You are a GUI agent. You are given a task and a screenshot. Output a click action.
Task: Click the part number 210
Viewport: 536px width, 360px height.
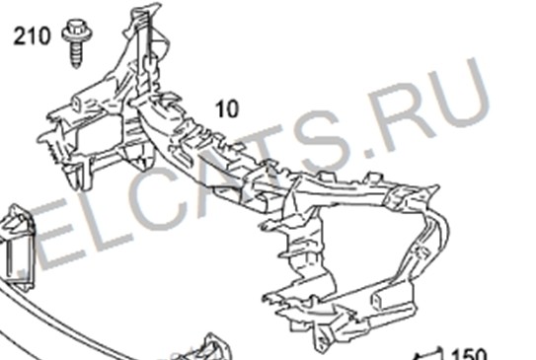[x=32, y=36]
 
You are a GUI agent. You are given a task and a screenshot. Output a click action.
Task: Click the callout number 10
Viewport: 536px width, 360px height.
[x=227, y=108]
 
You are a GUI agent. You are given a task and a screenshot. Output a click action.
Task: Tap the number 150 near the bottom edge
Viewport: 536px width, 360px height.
[x=469, y=354]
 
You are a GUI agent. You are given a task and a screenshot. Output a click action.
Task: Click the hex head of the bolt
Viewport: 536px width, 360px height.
[x=77, y=30]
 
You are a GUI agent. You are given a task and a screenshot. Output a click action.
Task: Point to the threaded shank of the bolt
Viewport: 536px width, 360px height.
[x=76, y=54]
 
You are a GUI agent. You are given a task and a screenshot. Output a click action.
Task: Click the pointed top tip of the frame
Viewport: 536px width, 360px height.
[x=158, y=5]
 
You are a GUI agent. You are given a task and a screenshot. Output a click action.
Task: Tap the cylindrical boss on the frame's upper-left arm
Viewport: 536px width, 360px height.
[x=78, y=103]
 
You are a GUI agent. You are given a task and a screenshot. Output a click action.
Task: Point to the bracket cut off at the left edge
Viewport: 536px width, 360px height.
[x=17, y=245]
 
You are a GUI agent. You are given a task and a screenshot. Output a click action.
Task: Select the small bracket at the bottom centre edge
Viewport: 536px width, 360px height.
[x=208, y=348]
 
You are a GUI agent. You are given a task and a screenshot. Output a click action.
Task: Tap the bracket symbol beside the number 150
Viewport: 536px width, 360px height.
[x=429, y=354]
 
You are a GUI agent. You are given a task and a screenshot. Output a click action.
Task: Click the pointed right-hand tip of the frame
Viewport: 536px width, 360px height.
[x=437, y=186]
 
